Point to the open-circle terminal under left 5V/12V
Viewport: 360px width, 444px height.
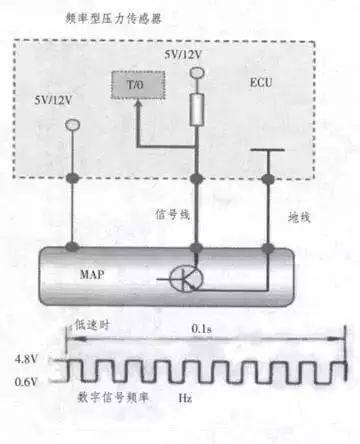(71, 125)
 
